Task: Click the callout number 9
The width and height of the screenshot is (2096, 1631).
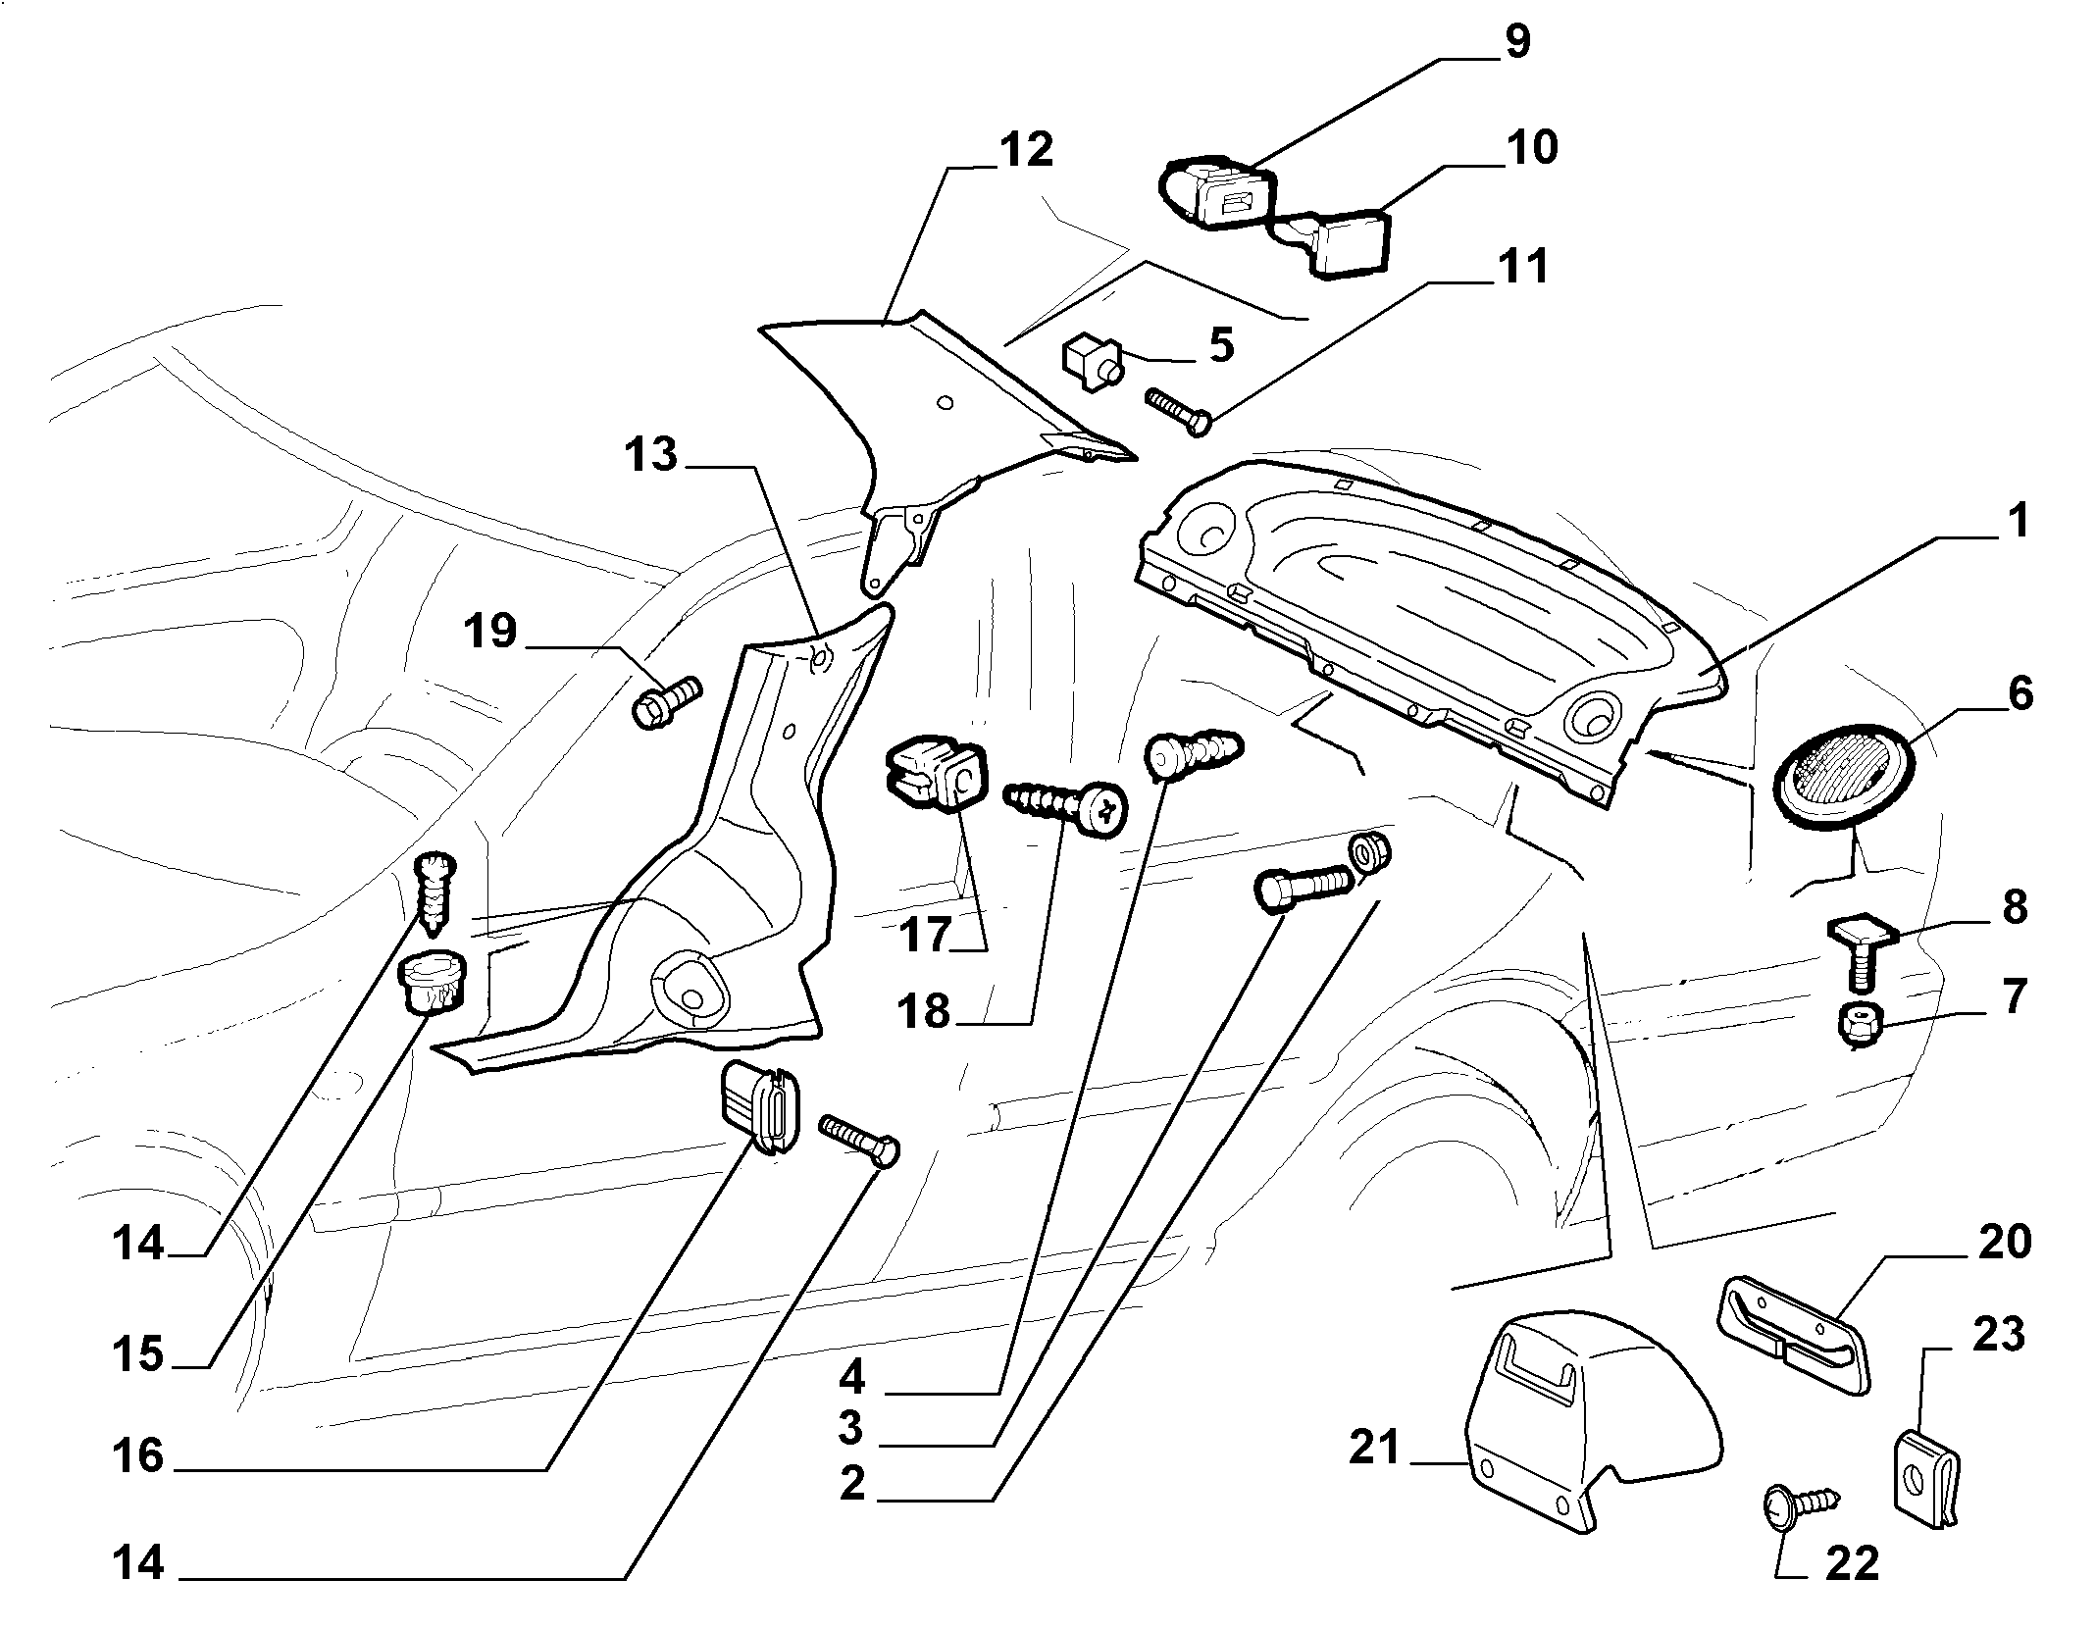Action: (x=1515, y=42)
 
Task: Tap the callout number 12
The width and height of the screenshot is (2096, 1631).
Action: (x=1026, y=150)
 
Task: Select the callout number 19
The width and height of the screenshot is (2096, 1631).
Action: (x=490, y=631)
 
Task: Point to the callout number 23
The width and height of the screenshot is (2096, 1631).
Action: (x=1998, y=1335)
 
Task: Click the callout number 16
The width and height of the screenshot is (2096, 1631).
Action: (x=137, y=1456)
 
